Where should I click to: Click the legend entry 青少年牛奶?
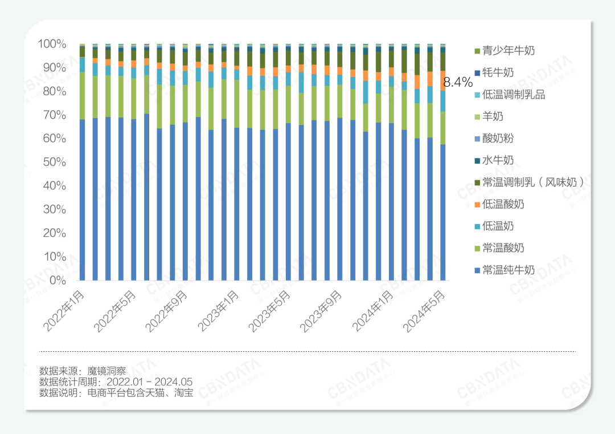click(x=508, y=51)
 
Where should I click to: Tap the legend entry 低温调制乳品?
click(x=513, y=95)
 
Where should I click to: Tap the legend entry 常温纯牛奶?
click(x=508, y=270)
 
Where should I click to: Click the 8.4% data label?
click(x=458, y=82)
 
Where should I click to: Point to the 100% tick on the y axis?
click(x=52, y=44)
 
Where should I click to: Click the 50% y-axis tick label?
click(x=54, y=162)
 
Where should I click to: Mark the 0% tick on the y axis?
click(x=57, y=280)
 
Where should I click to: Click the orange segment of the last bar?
click(x=442, y=80)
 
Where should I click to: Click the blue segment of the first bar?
click(x=83, y=200)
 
